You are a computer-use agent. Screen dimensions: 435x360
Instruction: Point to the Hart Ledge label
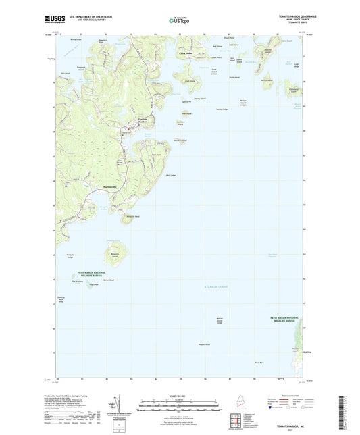click(170, 175)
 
